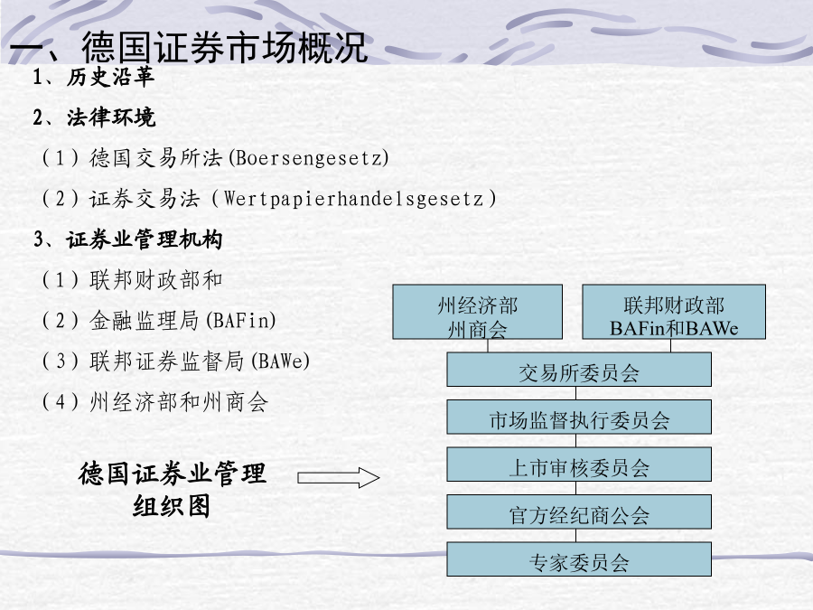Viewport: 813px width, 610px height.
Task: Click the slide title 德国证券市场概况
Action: pos(225,47)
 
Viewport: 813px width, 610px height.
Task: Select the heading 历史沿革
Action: pos(110,78)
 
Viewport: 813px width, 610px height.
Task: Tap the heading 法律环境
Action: pos(111,117)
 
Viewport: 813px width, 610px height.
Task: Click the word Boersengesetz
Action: pos(309,157)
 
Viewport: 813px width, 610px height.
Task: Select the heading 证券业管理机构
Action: pos(145,239)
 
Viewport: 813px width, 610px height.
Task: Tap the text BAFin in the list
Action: pos(240,320)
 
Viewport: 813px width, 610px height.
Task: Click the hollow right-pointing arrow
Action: pos(338,478)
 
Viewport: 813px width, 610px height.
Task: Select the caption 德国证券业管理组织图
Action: pos(173,489)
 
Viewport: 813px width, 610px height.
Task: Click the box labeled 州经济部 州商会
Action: pos(478,312)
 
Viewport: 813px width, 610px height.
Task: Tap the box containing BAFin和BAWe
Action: pos(674,312)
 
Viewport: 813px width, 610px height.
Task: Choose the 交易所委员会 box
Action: pos(579,370)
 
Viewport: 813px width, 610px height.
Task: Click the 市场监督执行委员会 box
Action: pos(579,417)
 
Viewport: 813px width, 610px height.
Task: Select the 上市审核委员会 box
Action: pos(579,465)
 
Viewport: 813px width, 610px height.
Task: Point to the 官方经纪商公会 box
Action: pos(579,512)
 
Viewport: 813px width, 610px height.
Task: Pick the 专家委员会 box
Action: pos(579,559)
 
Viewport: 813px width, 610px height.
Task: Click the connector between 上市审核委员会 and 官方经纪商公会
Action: pos(576,488)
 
